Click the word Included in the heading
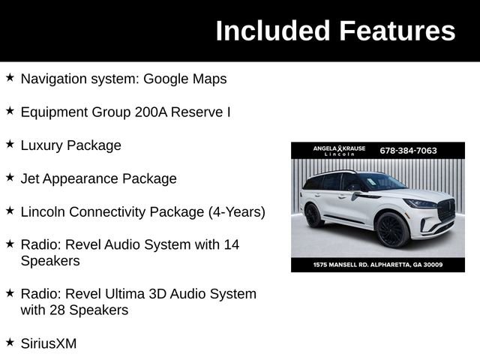click(272, 31)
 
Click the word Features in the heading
click(397, 31)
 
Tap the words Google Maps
click(184, 79)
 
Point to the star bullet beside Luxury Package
click(10, 143)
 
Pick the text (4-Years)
click(236, 211)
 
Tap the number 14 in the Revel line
click(231, 244)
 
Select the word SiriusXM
click(48, 343)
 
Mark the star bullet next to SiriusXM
click(10, 341)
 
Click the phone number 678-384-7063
click(408, 150)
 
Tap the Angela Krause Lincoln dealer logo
click(339, 150)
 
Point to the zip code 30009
click(431, 264)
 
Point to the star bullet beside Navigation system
click(10, 76)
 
